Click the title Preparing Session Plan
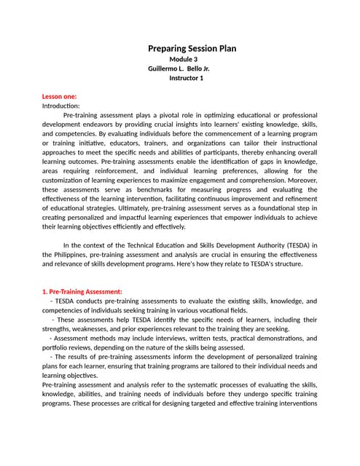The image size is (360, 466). (192, 48)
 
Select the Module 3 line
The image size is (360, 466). (183, 59)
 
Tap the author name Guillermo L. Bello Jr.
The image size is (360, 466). (179, 68)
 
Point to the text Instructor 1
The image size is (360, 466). (186, 78)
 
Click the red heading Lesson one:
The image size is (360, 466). (59, 96)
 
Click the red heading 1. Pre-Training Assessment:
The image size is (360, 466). (81, 291)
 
